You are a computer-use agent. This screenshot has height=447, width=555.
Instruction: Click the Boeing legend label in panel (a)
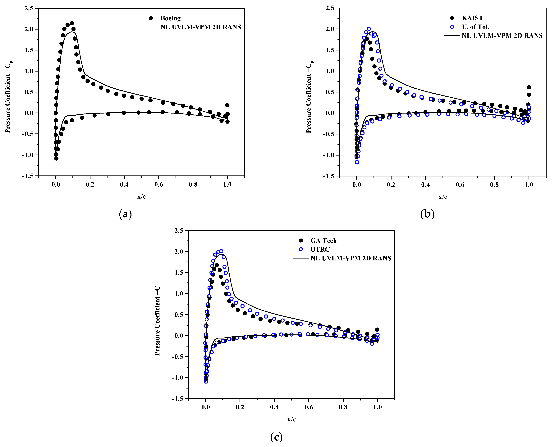click(170, 18)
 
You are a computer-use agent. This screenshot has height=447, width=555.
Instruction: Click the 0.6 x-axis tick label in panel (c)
click(309, 407)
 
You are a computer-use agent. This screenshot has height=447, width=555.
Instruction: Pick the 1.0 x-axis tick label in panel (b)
click(529, 185)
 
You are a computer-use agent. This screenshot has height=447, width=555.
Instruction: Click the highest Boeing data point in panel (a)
click(72, 23)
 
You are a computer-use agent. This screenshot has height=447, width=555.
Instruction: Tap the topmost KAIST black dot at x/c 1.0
click(529, 87)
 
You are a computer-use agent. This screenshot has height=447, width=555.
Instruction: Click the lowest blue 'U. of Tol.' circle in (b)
click(357, 162)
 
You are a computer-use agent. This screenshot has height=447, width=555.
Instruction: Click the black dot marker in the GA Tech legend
click(301, 240)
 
